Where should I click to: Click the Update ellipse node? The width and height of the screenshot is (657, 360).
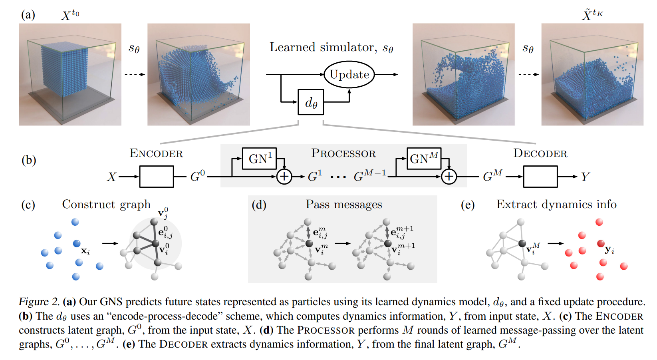[349, 74]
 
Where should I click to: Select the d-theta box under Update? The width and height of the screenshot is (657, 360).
[311, 102]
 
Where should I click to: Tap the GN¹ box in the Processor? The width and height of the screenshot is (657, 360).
[259, 159]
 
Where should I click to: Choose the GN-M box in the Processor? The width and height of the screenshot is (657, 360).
[424, 159]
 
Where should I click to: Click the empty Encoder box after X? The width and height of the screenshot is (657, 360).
[157, 177]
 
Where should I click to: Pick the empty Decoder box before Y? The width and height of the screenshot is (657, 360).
[540, 177]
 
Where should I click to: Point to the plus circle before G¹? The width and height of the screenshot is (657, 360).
[284, 177]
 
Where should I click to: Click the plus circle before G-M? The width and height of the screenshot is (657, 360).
[449, 177]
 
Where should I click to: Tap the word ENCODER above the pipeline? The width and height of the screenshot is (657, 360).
[156, 154]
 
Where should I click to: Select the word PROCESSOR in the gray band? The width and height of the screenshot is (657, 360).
[343, 154]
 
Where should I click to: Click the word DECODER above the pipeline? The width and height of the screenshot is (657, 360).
[540, 154]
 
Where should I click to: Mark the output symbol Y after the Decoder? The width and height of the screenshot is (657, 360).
[585, 177]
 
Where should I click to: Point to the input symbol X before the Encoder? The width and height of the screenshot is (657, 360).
[111, 177]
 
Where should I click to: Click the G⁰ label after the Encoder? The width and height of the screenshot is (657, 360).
[197, 176]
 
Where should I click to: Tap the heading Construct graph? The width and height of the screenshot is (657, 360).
[106, 205]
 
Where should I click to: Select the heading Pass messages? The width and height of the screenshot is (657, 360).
[344, 205]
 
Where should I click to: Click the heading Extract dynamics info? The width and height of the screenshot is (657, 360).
[556, 205]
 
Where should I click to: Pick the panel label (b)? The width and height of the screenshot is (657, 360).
[29, 160]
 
